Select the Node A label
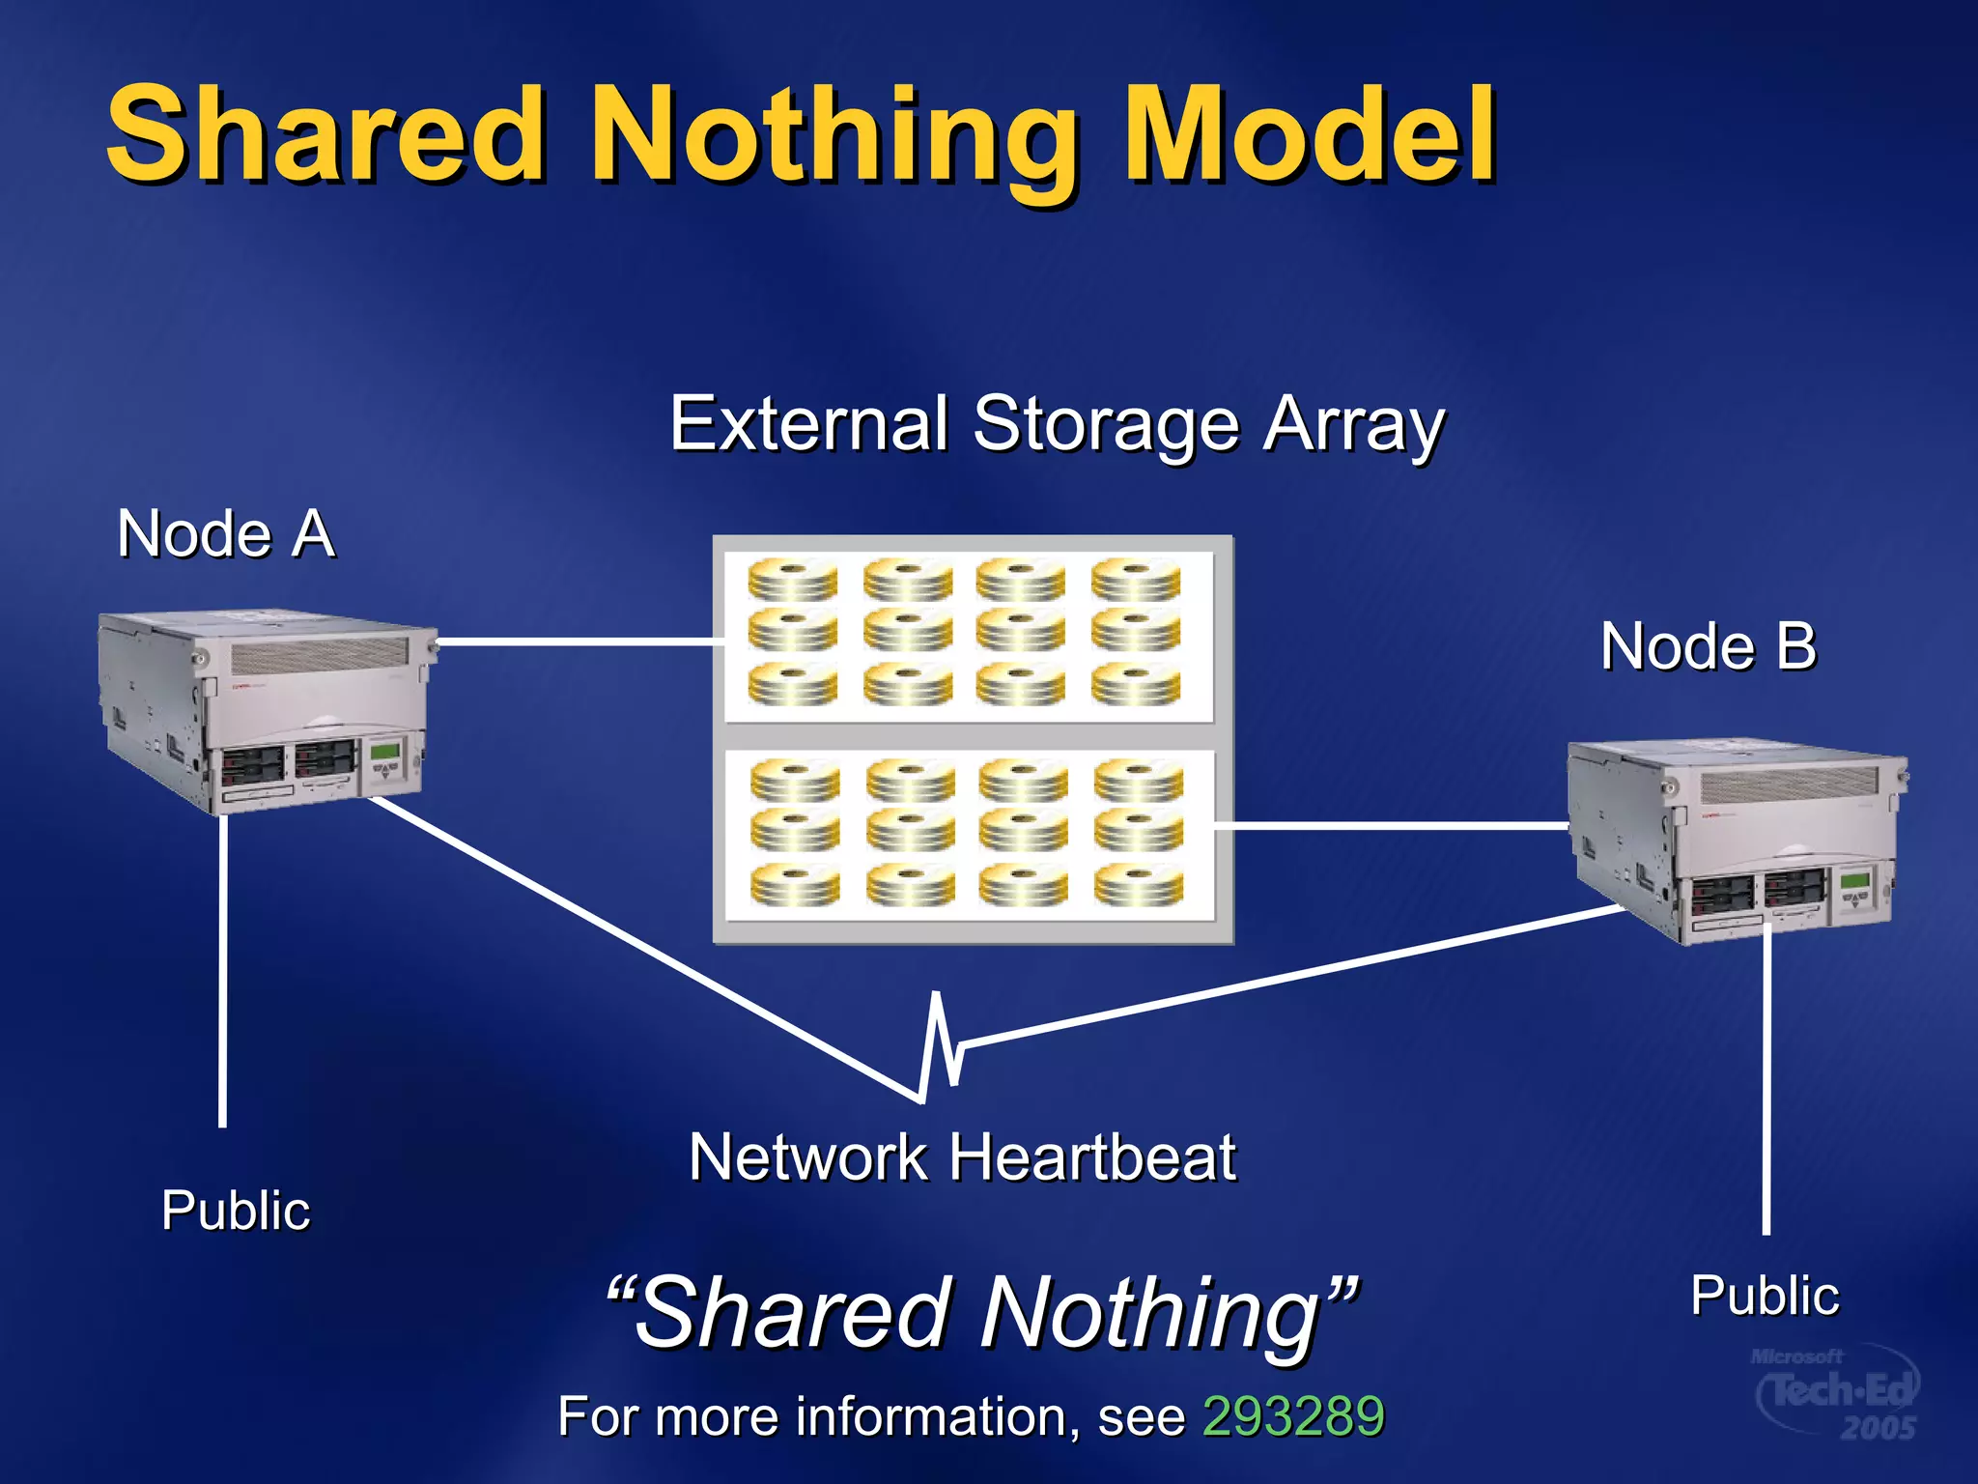226,533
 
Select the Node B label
1708,645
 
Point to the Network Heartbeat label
962,1156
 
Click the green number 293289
1293,1416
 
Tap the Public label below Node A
236,1210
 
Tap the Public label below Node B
1765,1295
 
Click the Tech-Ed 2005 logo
1835,1393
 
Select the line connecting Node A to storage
579,642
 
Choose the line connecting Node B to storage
1391,826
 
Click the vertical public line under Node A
223,966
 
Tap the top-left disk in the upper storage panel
792,580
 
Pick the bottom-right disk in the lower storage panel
1138,885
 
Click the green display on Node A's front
386,751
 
